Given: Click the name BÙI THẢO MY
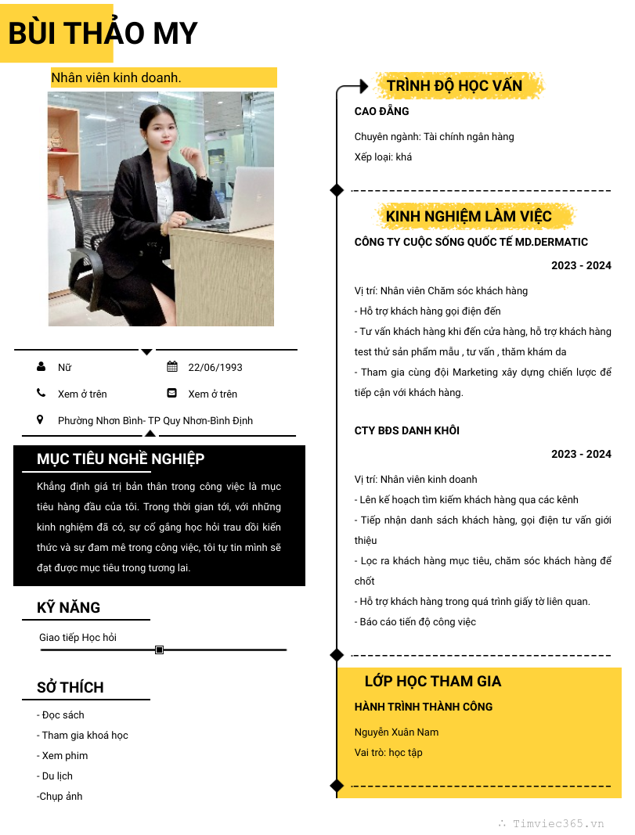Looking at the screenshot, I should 103,34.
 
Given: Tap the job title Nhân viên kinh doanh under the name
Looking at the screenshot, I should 116,77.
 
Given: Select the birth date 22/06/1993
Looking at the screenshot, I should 215,367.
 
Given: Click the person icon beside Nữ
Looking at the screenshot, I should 41,366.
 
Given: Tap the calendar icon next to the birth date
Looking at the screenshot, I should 172,366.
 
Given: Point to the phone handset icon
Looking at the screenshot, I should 41,393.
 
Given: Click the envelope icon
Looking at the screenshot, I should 172,393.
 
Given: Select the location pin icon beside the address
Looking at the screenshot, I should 40,419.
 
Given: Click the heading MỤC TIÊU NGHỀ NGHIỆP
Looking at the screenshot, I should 121,459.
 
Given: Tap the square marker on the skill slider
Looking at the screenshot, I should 160,650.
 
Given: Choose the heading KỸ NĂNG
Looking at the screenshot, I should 69,607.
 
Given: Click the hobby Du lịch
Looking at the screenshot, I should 55,776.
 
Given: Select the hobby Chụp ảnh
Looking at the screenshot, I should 60,796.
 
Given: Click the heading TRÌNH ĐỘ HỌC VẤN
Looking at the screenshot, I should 454,85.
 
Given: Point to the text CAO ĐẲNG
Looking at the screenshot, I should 381,111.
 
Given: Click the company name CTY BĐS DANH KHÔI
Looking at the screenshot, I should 406,430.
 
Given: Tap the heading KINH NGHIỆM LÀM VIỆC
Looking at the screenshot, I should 468,216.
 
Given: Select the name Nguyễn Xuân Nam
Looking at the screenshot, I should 396,732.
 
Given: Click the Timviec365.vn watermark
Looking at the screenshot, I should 557,823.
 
